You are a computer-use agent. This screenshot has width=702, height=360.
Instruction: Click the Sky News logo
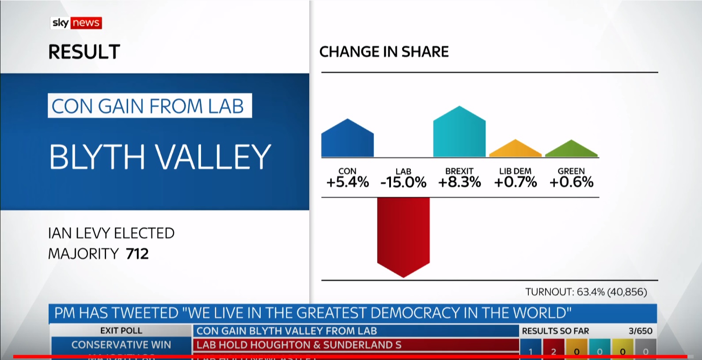pos(76,23)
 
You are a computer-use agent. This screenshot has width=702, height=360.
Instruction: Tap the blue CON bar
pos(347,140)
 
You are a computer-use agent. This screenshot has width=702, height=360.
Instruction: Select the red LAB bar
pos(403,234)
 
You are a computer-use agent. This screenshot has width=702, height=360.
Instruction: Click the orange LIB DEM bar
pos(515,150)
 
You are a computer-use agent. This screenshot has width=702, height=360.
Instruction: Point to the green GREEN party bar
pos(571,150)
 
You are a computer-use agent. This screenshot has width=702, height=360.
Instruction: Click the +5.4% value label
pos(347,182)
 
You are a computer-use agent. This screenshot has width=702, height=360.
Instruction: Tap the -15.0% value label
pos(403,182)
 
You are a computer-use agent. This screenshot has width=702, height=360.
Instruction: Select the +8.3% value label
pos(459,182)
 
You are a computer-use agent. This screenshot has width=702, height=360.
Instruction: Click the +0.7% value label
pos(515,182)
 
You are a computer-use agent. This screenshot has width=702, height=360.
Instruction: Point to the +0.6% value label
pos(571,182)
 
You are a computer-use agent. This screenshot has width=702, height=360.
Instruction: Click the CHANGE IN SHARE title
pos(384,52)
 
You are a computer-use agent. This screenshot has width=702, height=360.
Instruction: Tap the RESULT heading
pos(84,52)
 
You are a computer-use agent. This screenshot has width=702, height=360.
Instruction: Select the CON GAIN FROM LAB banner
pos(149,106)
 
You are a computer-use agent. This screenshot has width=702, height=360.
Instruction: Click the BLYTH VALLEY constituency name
pos(160,157)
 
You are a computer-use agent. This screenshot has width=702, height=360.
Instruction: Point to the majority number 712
pos(137,254)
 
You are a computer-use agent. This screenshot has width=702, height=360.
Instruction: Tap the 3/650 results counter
pos(640,331)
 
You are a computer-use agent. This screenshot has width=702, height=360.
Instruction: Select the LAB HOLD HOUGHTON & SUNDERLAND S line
pos(299,345)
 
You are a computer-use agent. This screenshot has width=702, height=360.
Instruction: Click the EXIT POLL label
pos(121,330)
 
